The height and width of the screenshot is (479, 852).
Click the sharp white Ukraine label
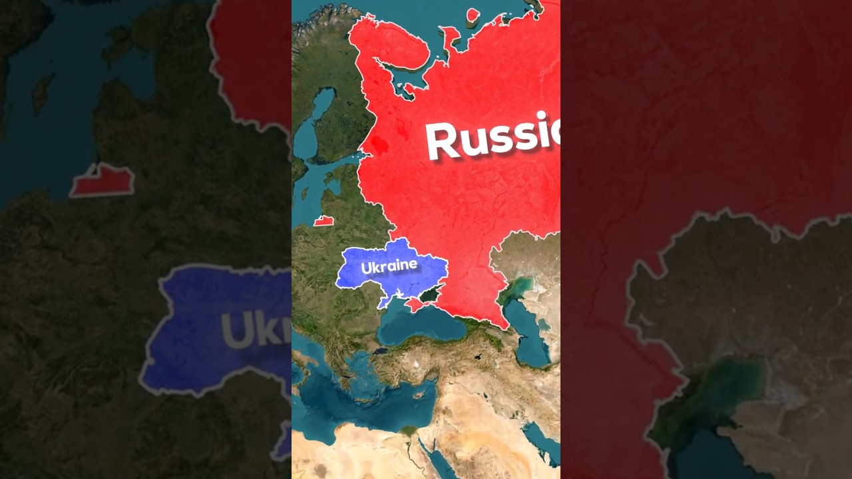(389, 266)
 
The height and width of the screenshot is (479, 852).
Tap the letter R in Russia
(445, 142)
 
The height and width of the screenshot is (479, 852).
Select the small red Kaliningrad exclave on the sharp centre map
(323, 221)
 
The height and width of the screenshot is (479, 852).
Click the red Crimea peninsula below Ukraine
(414, 305)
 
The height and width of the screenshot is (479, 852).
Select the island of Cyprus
(419, 395)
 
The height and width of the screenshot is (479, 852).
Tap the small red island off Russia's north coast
(473, 15)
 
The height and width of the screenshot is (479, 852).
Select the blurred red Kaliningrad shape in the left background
(103, 180)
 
